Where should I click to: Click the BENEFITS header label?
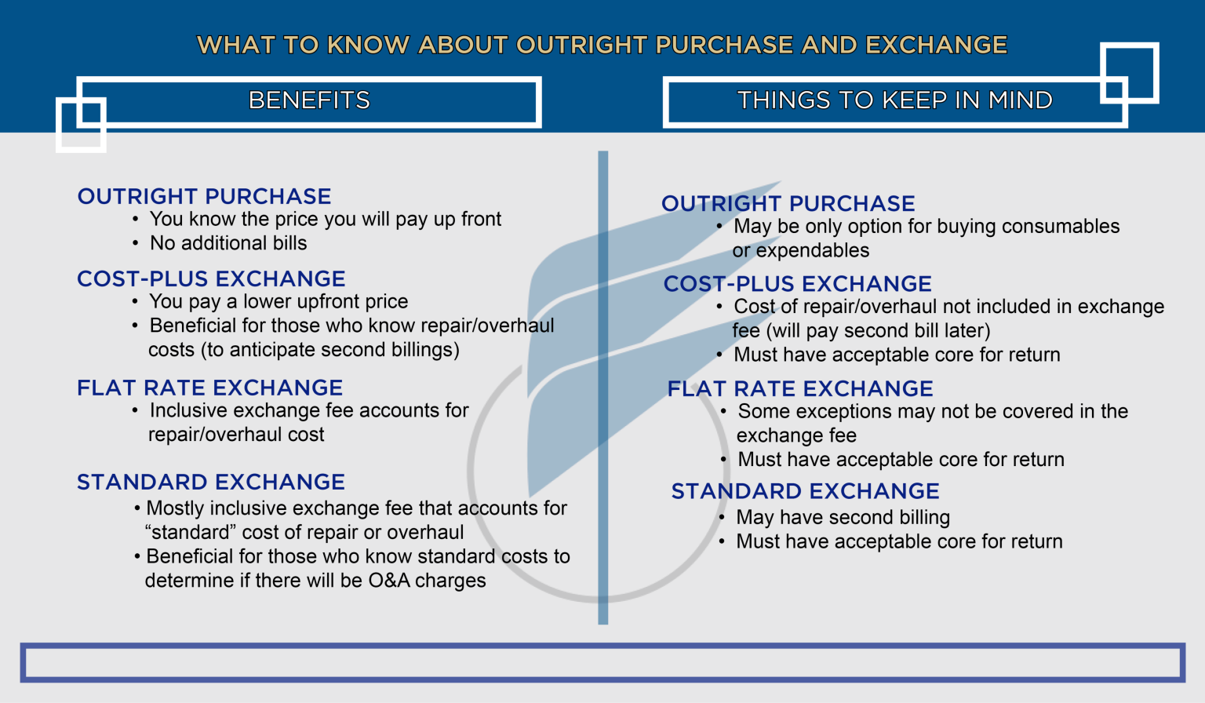[x=309, y=100]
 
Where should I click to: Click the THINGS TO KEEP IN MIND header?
[x=894, y=100]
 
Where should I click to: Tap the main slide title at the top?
[x=602, y=45]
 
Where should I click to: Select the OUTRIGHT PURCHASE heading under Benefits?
[x=204, y=196]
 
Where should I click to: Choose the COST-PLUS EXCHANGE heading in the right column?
[x=797, y=284]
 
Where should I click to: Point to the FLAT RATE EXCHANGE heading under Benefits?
[x=209, y=388]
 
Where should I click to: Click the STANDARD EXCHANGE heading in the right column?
[x=805, y=491]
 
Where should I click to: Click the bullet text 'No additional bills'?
[x=228, y=243]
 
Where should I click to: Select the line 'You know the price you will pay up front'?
[x=325, y=219]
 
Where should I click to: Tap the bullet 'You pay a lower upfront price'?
[x=278, y=301]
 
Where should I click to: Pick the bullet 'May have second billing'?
[x=843, y=517]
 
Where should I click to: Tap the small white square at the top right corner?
[x=1130, y=73]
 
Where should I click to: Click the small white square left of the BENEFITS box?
[x=81, y=124]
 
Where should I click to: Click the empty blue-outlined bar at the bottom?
[x=602, y=663]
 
